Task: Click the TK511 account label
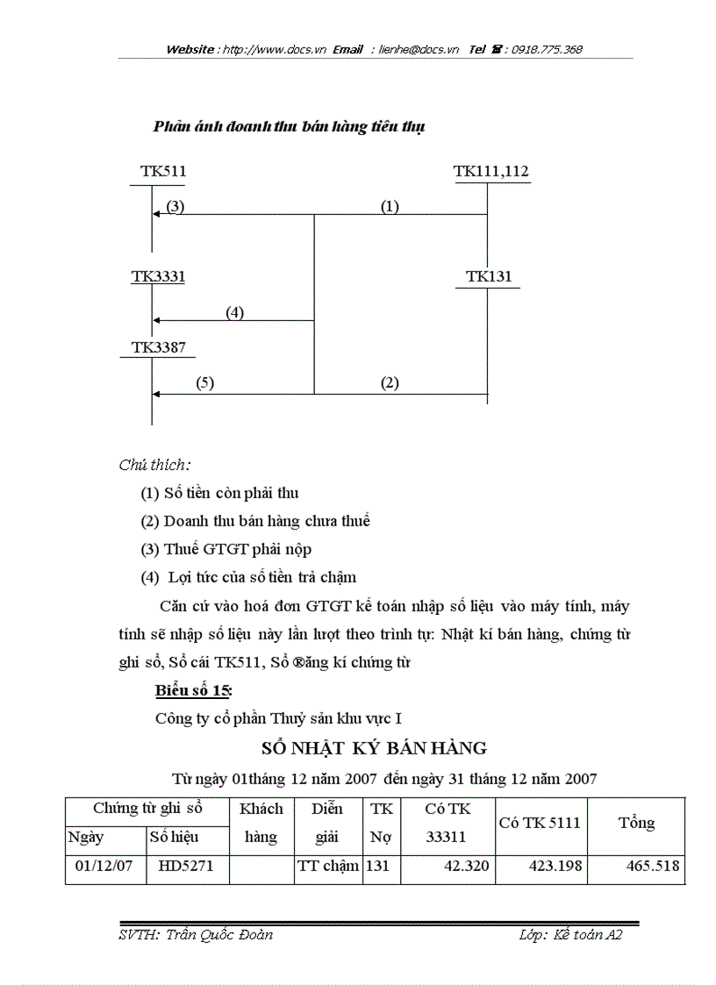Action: pyautogui.click(x=163, y=171)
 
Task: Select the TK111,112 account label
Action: pyautogui.click(x=491, y=171)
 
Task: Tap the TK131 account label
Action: pyautogui.click(x=489, y=276)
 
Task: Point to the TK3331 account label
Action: pyautogui.click(x=158, y=276)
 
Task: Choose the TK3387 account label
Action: pyautogui.click(x=158, y=347)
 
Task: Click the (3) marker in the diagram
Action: pyautogui.click(x=175, y=207)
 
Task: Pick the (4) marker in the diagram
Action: pyautogui.click(x=234, y=312)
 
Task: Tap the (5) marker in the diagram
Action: pyautogui.click(x=204, y=382)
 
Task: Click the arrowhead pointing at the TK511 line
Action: pyautogui.click(x=155, y=214)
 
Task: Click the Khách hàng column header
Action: pyautogui.click(x=261, y=823)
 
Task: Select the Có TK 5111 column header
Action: pyautogui.click(x=540, y=823)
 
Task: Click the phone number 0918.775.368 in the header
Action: pyautogui.click(x=538, y=50)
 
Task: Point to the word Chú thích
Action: pyautogui.click(x=154, y=465)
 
